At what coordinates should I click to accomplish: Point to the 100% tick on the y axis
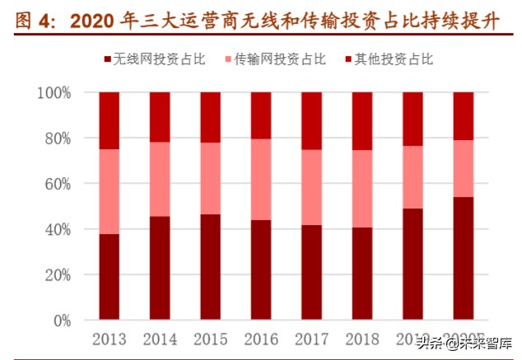[54, 93]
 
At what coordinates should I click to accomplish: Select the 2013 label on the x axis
[109, 339]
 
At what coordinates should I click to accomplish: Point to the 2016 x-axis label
[261, 339]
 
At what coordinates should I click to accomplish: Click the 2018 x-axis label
[362, 339]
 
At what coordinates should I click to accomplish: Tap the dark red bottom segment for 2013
[109, 277]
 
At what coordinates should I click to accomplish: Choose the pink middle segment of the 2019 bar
[412, 177]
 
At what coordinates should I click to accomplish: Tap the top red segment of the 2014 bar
[160, 117]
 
